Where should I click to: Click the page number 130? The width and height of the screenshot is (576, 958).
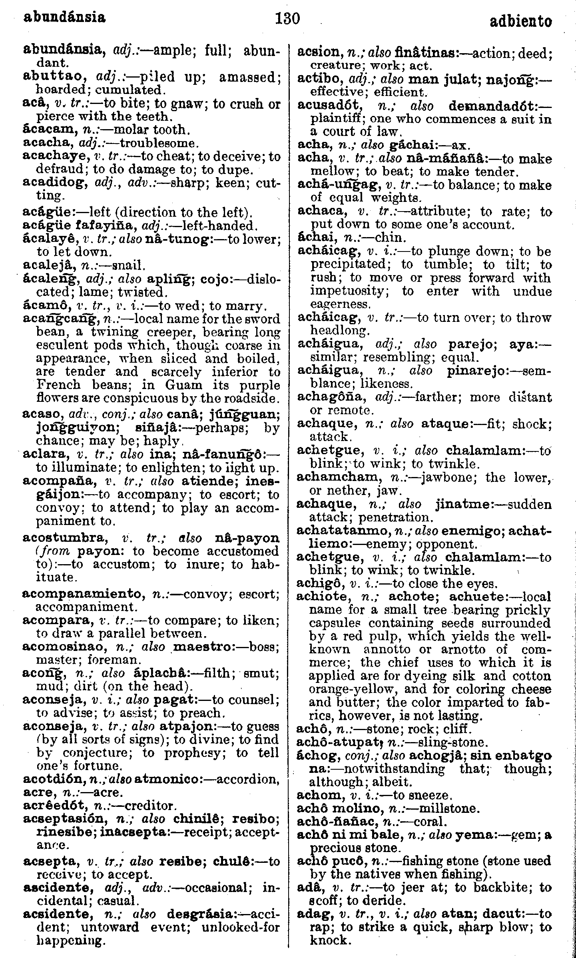[287, 18]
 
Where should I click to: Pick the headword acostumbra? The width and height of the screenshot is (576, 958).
[64, 538]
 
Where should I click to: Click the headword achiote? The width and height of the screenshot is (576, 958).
[322, 597]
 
